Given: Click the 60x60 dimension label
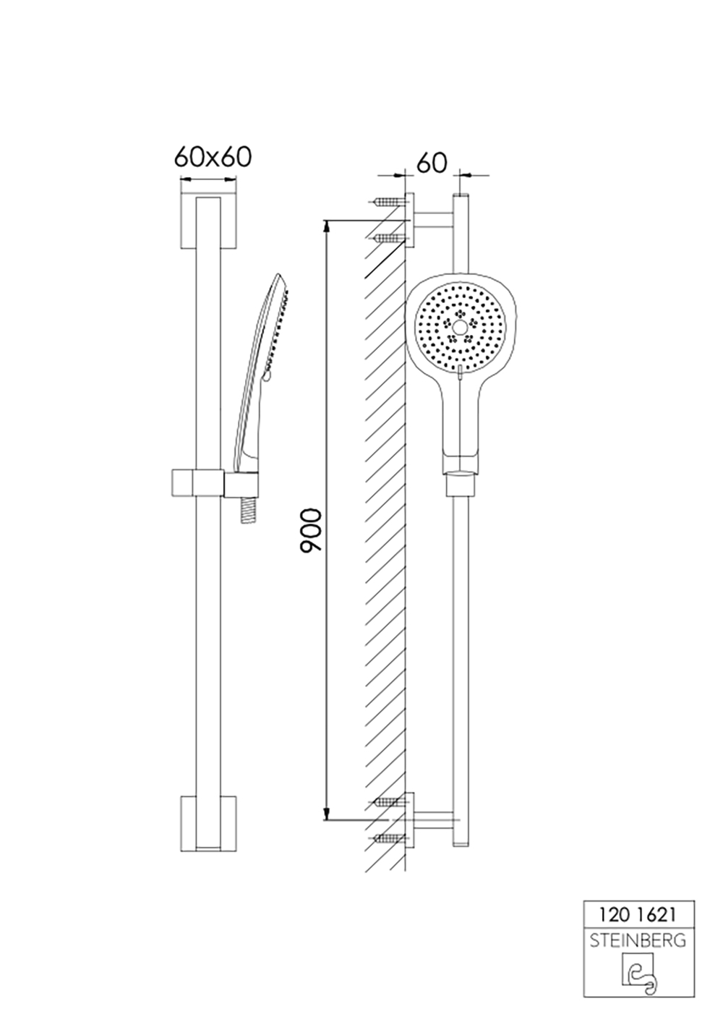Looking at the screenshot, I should tap(212, 157).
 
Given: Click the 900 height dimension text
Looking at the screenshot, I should tap(311, 531).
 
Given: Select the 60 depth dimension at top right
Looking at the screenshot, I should tap(432, 163).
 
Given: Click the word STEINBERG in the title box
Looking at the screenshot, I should tap(638, 940).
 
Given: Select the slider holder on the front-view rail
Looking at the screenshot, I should tap(197, 482).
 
